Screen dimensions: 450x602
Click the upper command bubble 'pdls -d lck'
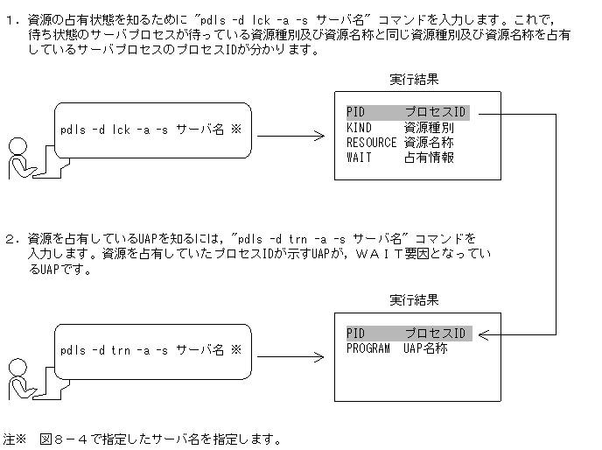coord(150,130)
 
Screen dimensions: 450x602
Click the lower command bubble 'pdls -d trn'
coord(150,350)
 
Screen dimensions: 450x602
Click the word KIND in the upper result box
coord(359,128)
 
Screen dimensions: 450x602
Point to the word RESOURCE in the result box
coord(372,143)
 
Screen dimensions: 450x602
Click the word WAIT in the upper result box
coord(359,158)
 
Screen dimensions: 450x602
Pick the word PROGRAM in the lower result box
coord(368,348)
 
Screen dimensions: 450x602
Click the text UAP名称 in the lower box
coord(426,348)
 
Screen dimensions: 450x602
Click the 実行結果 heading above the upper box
coord(414,80)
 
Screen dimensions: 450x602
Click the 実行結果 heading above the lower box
coord(414,300)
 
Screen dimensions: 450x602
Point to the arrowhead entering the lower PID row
coord(482,334)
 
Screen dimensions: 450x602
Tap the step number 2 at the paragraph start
coord(10,237)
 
